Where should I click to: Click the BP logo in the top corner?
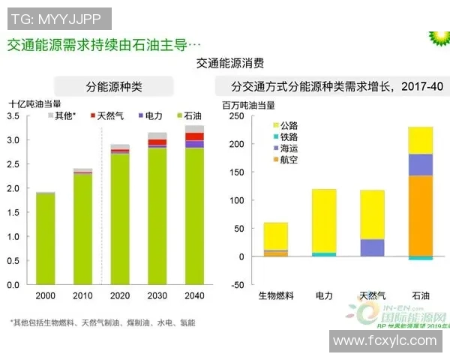(436, 36)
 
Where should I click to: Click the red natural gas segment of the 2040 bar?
(194, 136)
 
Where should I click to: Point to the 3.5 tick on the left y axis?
(13, 116)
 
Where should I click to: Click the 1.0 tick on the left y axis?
(13, 236)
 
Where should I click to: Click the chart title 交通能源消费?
(230, 63)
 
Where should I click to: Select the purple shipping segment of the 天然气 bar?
(372, 247)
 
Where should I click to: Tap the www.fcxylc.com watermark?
(384, 341)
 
